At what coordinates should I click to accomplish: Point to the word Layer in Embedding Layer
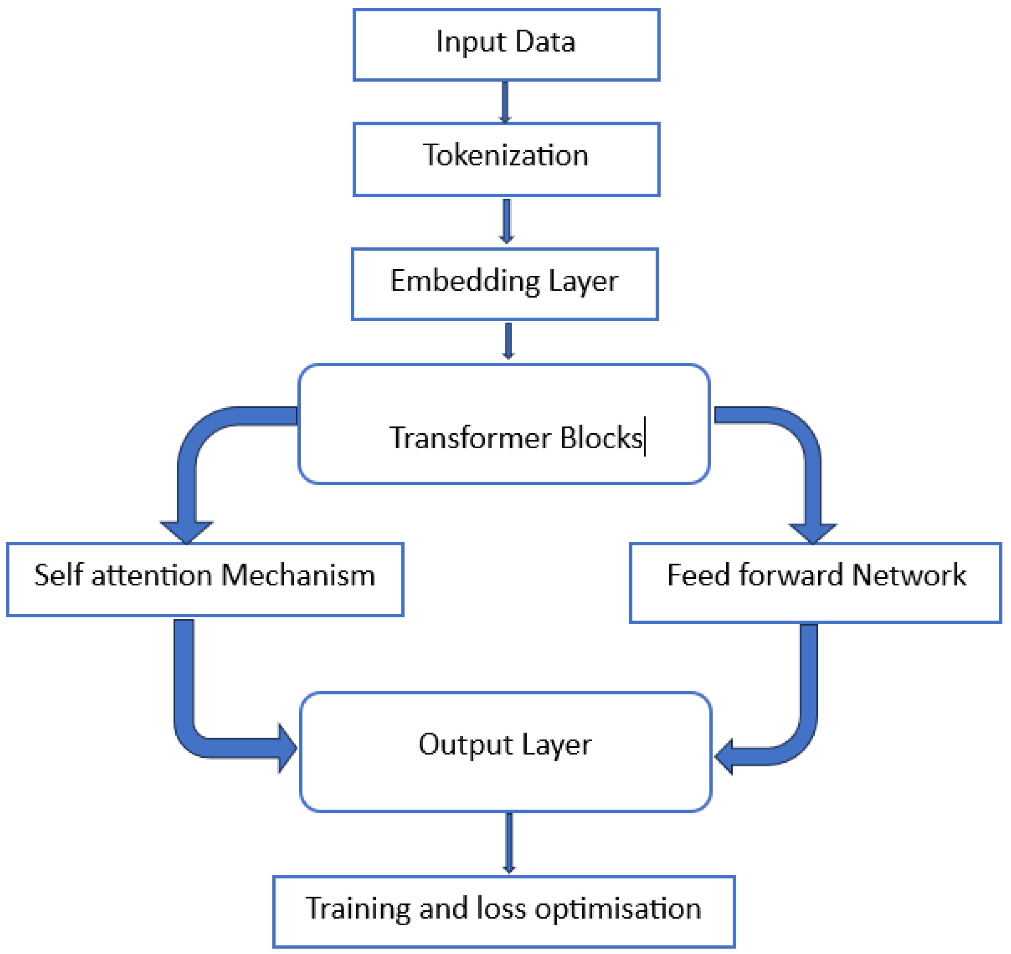(x=583, y=281)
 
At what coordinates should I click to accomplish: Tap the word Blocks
(x=601, y=438)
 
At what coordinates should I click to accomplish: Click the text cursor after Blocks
(x=645, y=436)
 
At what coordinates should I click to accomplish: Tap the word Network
(x=909, y=575)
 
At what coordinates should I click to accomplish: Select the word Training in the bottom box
(x=357, y=909)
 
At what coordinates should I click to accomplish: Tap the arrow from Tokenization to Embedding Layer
(x=506, y=221)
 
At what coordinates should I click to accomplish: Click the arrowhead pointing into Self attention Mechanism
(x=186, y=531)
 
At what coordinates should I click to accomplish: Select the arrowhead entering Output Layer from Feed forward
(x=725, y=756)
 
